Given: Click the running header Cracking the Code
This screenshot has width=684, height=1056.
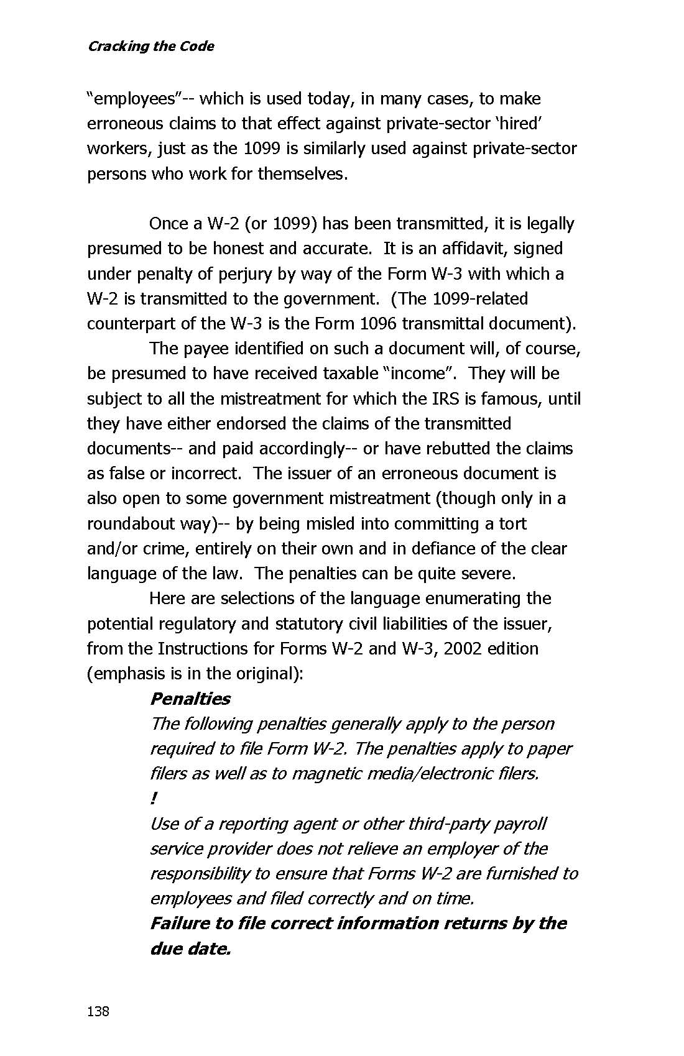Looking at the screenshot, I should pyautogui.click(x=150, y=46).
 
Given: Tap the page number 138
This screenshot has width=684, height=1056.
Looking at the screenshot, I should pyautogui.click(x=98, y=1011).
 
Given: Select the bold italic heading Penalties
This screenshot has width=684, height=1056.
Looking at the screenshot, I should pyautogui.click(x=190, y=699).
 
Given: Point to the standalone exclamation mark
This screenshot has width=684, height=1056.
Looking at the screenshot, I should pyautogui.click(x=153, y=798).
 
